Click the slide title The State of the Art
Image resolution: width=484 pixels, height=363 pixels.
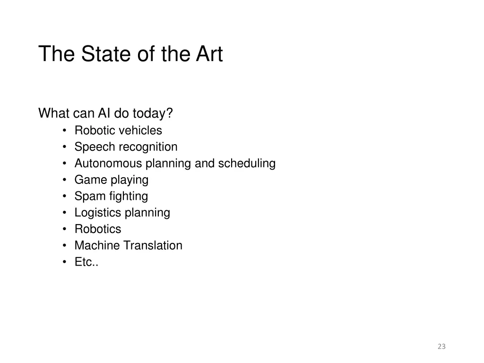tap(130, 54)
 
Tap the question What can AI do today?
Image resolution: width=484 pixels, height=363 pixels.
tap(105, 114)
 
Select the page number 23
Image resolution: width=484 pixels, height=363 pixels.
tap(441, 346)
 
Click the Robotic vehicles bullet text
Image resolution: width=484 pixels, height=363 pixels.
tap(118, 130)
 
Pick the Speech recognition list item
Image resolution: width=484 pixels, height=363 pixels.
tap(126, 147)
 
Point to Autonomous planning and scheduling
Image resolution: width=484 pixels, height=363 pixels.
tap(175, 164)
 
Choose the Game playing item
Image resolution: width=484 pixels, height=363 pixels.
tap(112, 180)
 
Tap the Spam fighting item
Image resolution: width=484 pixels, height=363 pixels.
tap(111, 196)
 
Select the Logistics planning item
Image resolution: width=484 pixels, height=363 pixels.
tap(122, 213)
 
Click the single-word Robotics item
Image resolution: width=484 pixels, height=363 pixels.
tap(98, 229)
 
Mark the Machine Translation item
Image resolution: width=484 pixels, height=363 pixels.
tap(128, 246)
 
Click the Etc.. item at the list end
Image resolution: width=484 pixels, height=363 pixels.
tap(86, 262)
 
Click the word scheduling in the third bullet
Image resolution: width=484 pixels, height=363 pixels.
tap(247, 164)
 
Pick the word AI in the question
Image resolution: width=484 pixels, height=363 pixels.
tap(104, 114)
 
